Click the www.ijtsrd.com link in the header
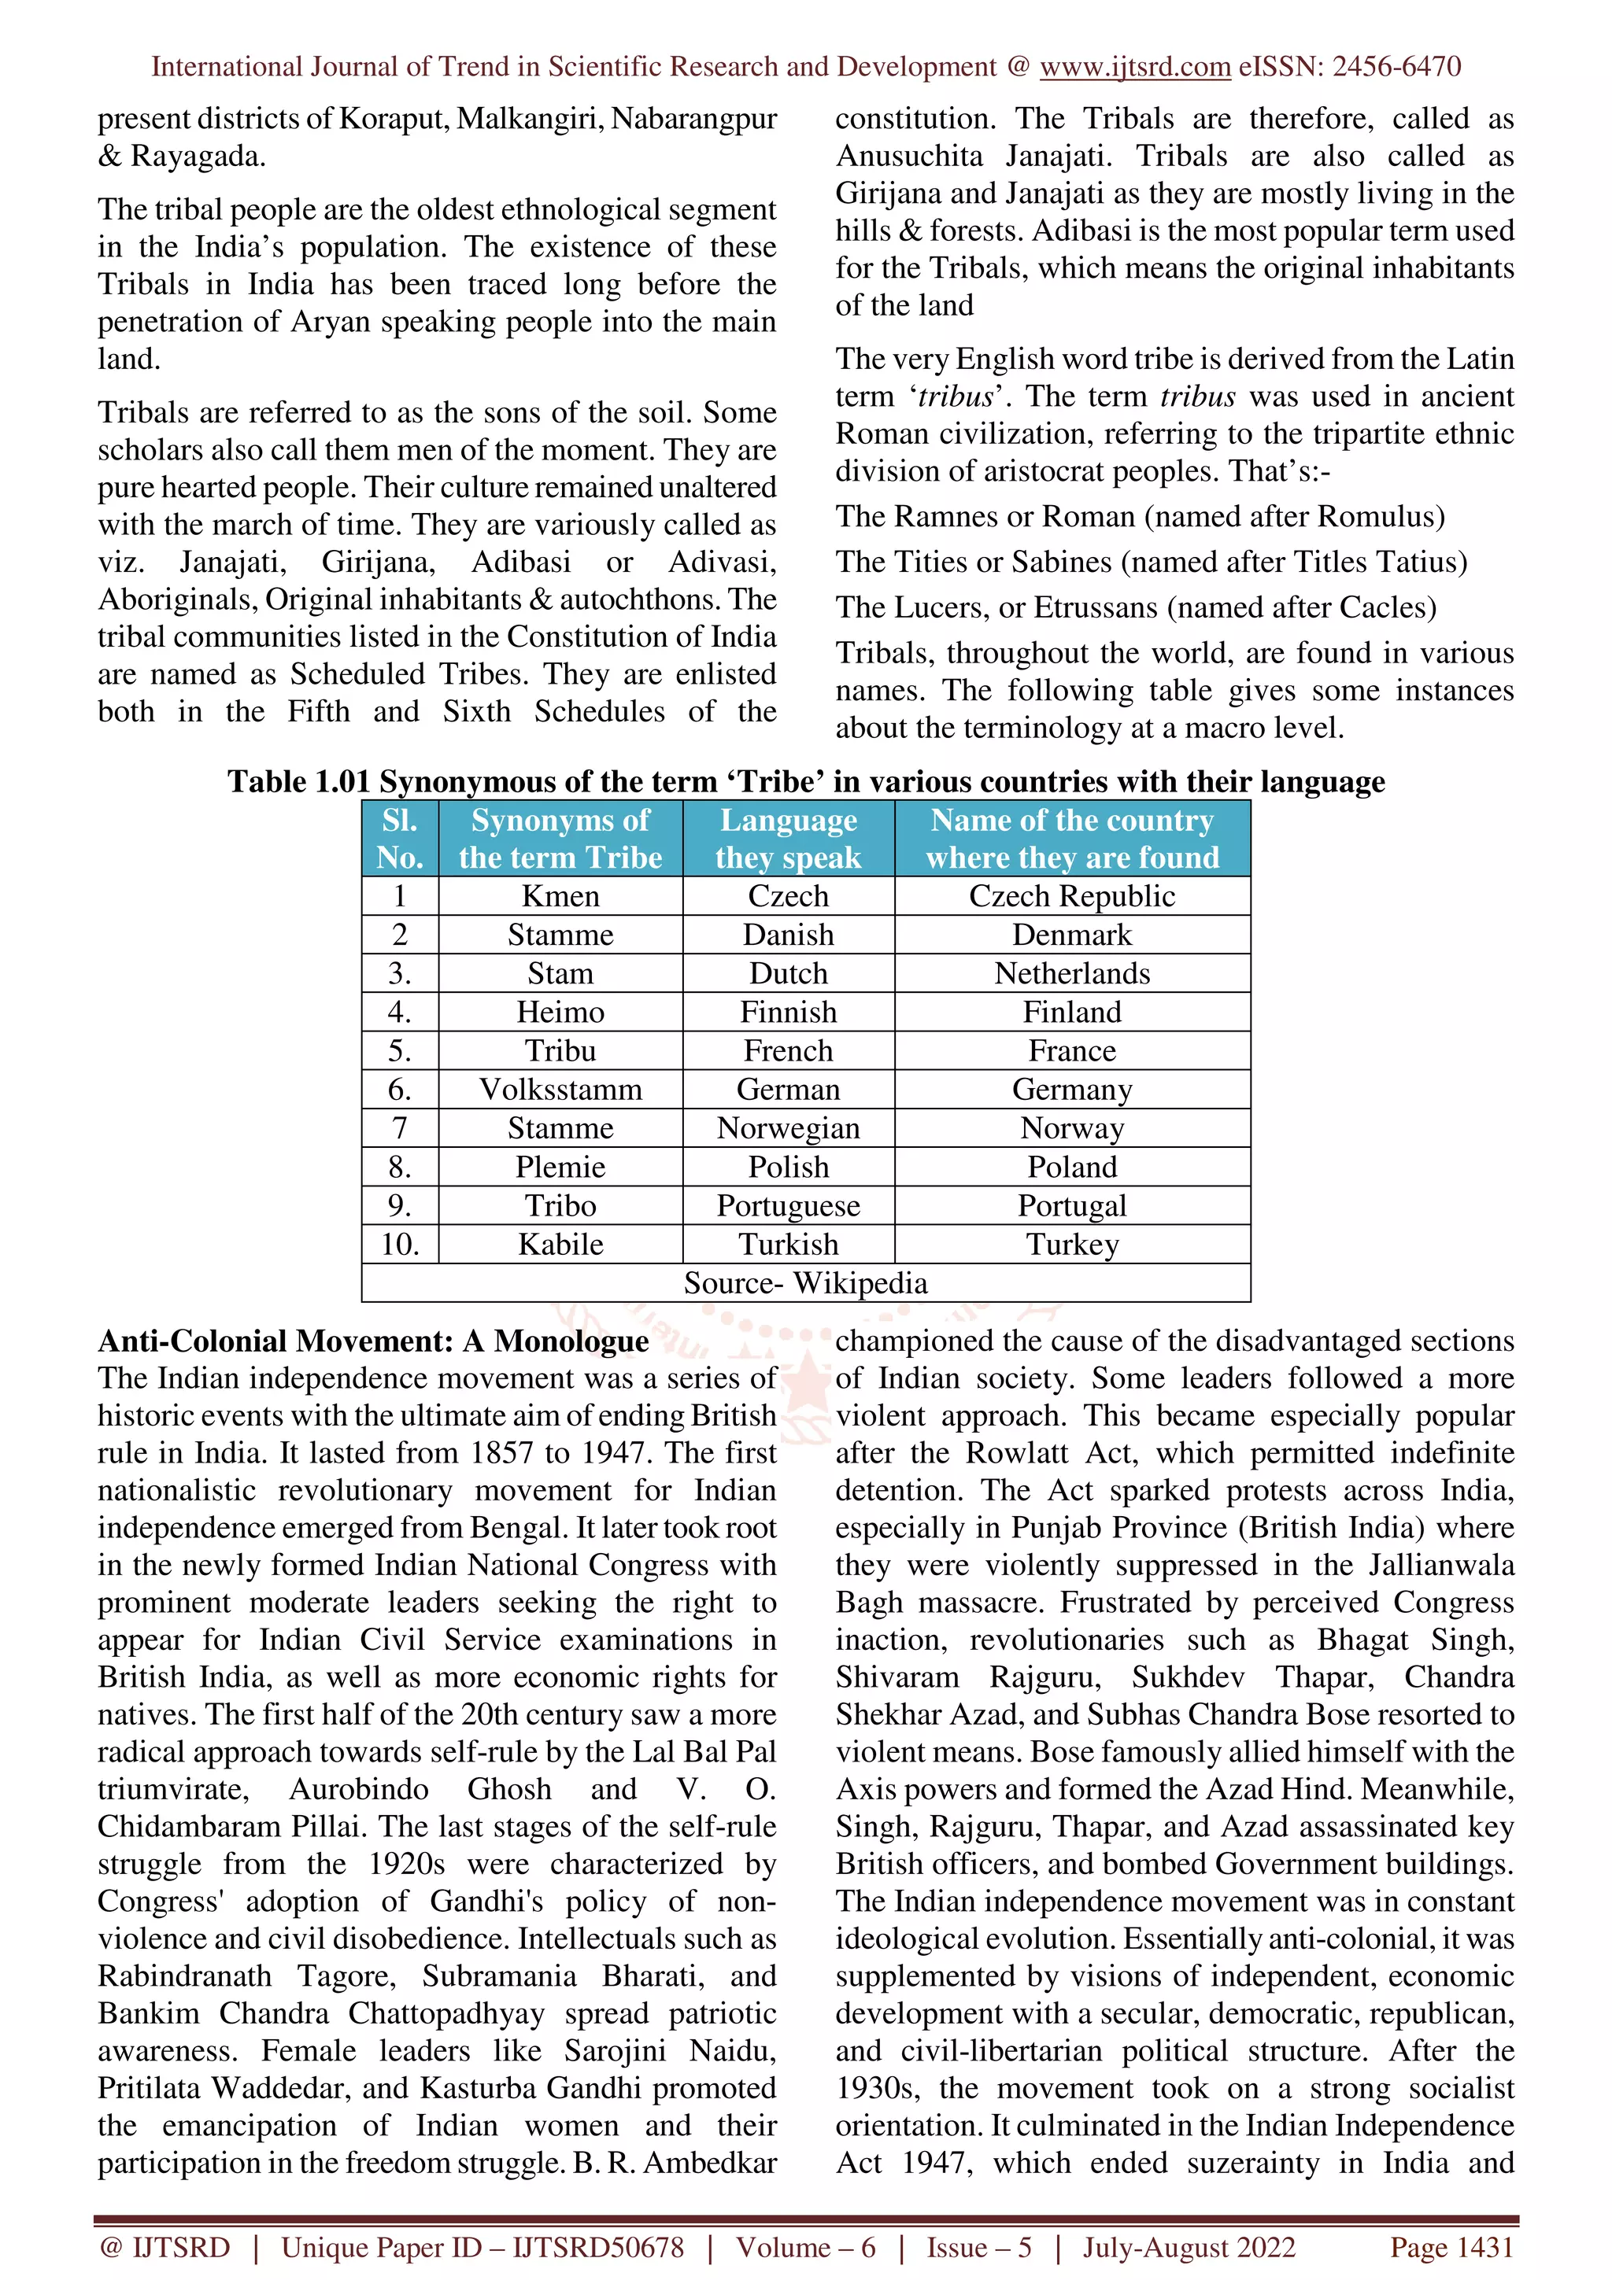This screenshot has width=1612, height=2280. click(x=1134, y=67)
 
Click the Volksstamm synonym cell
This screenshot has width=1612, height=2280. click(x=560, y=1090)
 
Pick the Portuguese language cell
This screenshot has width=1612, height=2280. click(x=788, y=1205)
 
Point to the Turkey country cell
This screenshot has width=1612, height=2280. click(x=1072, y=1245)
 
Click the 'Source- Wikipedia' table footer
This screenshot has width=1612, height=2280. click(x=805, y=1283)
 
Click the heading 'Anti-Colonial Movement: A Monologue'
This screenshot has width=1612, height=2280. click(x=372, y=1341)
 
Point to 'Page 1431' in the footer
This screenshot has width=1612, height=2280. click(x=1451, y=2247)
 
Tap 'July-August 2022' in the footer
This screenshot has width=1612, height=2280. click(x=1188, y=2247)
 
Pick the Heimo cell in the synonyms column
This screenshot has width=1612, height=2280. click(x=560, y=1012)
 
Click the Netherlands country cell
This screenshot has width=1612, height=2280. click(x=1072, y=973)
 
